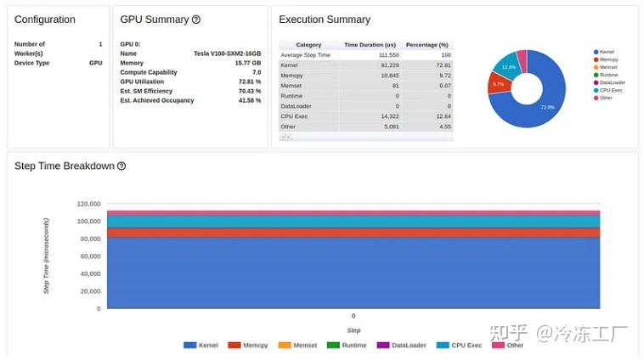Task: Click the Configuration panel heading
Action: [x=45, y=20]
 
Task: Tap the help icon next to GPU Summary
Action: [x=196, y=20]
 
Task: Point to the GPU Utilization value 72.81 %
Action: [x=250, y=82]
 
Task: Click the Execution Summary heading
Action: [x=325, y=20]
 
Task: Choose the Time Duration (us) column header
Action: [x=370, y=45]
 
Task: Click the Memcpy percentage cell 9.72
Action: [x=442, y=75]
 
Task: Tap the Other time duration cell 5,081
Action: [x=387, y=127]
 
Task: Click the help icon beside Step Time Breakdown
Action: [x=121, y=166]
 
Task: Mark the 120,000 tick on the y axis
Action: [x=88, y=204]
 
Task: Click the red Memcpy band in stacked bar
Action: [x=353, y=233]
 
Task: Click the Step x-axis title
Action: [x=353, y=330]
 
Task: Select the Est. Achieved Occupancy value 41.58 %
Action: [x=250, y=100]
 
